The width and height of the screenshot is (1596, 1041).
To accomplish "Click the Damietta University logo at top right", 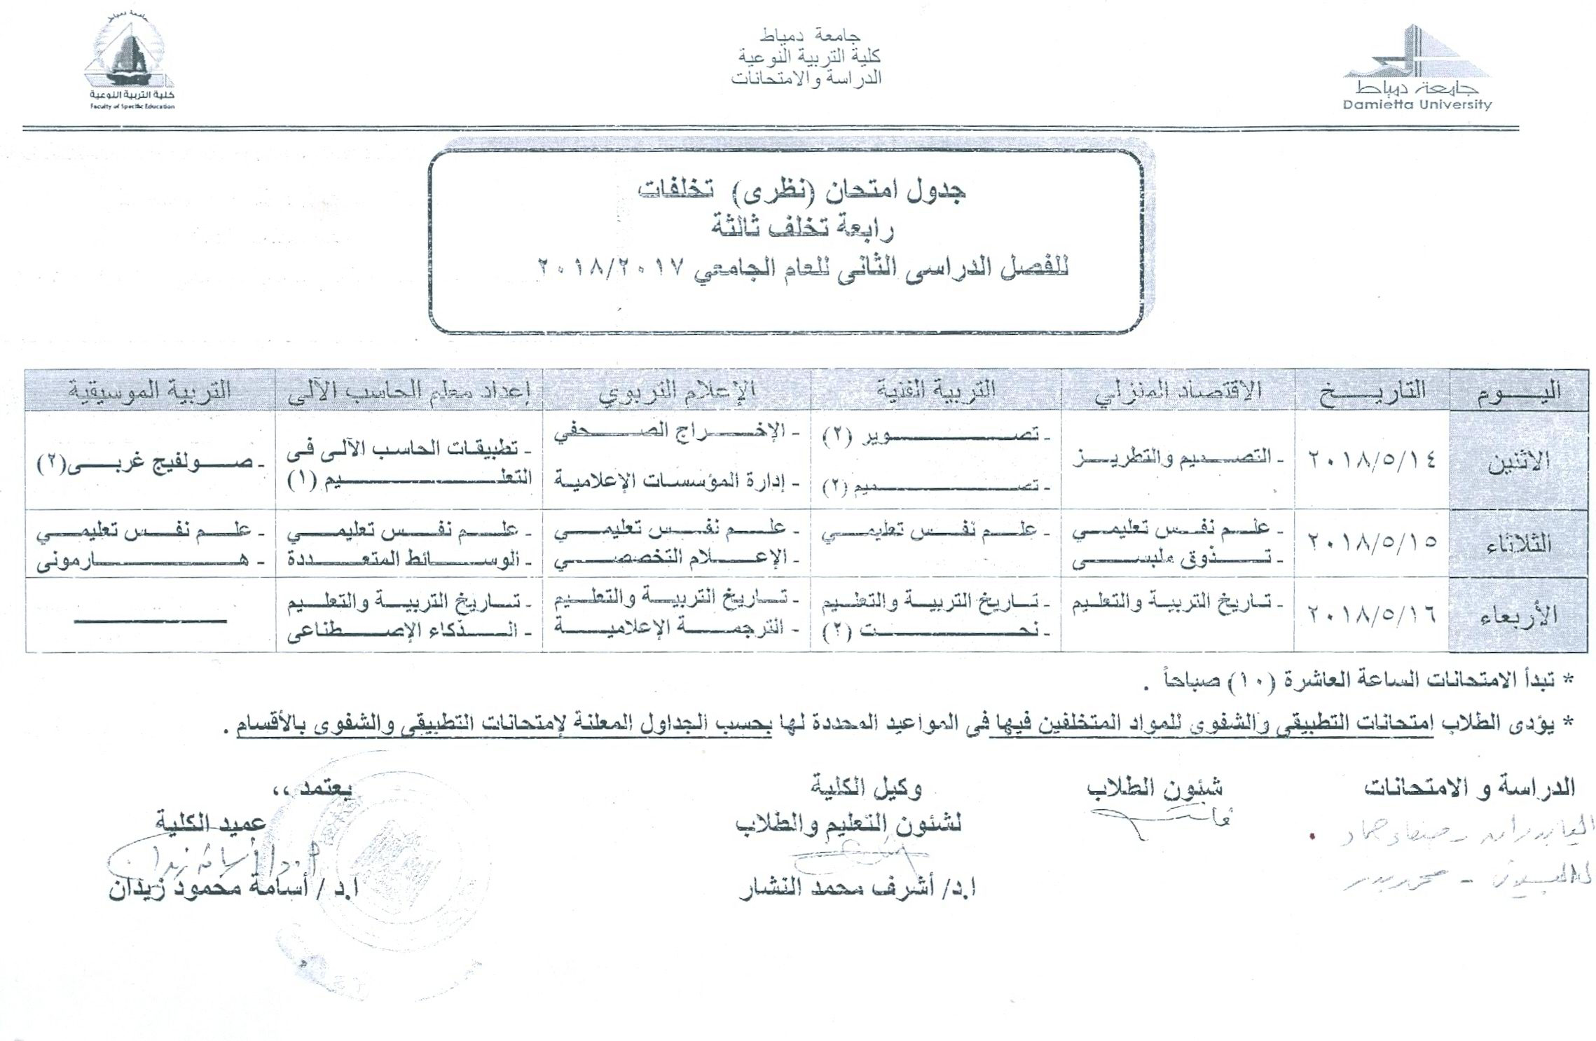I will [x=1417, y=69].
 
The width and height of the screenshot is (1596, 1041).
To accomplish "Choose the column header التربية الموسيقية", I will [x=150, y=390].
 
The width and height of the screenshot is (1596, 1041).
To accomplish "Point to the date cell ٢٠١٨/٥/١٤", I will [x=1371, y=460].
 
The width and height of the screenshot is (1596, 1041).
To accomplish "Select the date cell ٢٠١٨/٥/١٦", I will [x=1371, y=615].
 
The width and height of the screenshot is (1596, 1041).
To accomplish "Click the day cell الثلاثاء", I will [x=1518, y=544].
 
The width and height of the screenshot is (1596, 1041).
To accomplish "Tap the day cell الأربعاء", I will [x=1518, y=615].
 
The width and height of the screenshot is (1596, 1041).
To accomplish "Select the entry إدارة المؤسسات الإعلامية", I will [x=676, y=481].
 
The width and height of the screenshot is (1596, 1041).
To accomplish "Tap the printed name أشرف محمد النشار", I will [x=858, y=889].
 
